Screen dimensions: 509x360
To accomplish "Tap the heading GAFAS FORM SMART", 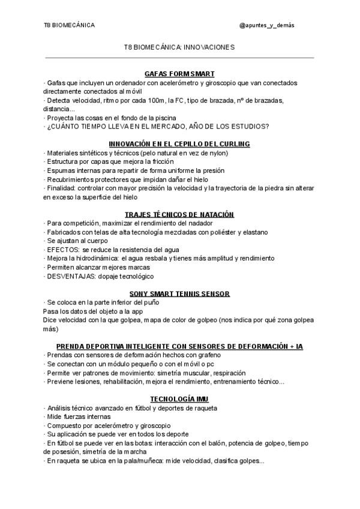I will [x=179, y=73].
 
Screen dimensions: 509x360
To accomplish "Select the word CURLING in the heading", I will [x=233, y=144].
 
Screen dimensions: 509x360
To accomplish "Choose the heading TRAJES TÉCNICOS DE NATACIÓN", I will [x=179, y=214].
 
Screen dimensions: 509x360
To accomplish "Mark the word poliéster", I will [x=214, y=232].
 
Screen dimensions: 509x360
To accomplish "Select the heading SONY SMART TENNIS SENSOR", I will [x=179, y=294].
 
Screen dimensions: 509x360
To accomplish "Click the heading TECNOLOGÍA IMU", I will [x=179, y=399].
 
